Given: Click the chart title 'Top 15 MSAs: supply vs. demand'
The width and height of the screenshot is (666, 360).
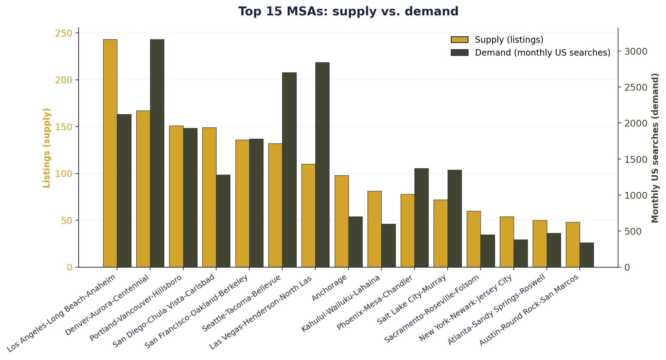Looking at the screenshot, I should [x=348, y=12].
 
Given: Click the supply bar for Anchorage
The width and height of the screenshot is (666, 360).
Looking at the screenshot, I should [x=341, y=221].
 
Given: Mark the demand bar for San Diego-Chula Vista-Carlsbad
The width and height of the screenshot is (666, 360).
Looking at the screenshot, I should [x=223, y=221].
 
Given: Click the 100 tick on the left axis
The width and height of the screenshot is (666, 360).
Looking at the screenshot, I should [x=64, y=174].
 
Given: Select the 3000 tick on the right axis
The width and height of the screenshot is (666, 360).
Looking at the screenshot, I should [x=636, y=51].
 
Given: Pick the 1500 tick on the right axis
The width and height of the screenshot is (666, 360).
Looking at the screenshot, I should [x=636, y=159].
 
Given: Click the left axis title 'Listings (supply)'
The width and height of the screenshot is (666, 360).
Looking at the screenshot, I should [x=47, y=148].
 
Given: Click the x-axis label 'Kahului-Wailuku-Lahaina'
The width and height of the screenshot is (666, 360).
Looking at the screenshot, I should [x=341, y=303].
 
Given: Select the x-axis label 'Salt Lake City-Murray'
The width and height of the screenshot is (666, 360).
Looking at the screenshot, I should [x=411, y=299].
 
